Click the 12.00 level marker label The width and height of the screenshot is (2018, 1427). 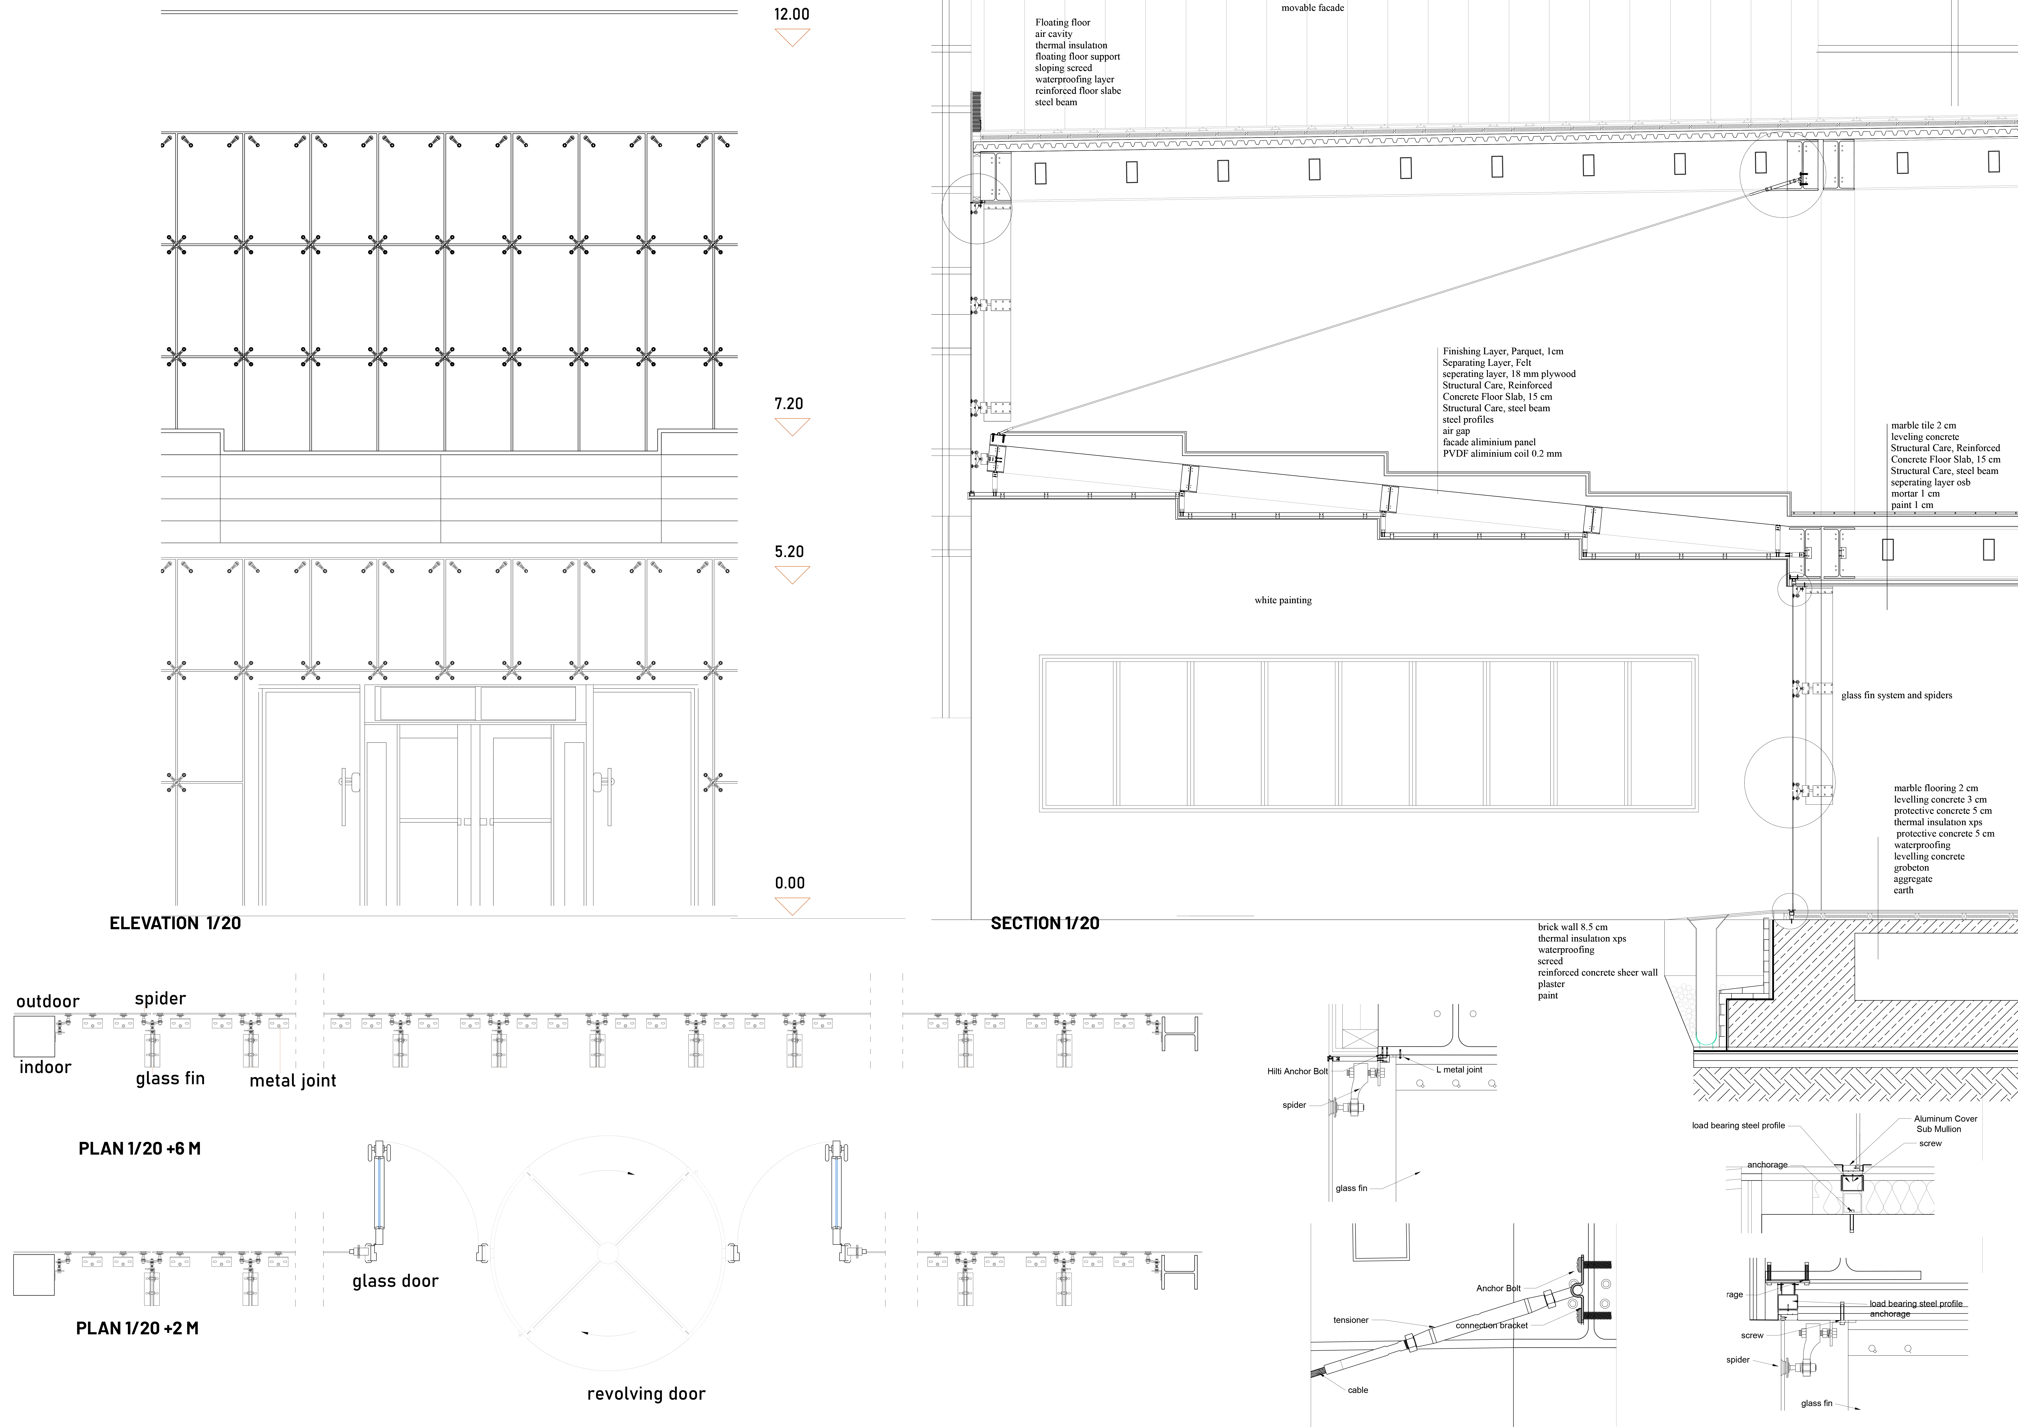(x=791, y=14)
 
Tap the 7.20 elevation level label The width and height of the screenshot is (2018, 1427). (x=788, y=404)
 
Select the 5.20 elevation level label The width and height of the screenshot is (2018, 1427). (x=788, y=552)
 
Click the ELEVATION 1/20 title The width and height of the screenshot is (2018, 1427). (x=175, y=924)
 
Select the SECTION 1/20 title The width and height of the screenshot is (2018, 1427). (x=1045, y=924)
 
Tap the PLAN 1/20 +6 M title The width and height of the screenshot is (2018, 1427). (x=140, y=1148)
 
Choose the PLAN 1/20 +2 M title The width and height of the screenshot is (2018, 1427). (x=137, y=1329)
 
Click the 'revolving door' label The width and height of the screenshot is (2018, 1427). (x=646, y=1394)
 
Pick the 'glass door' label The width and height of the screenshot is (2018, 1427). (x=396, y=1281)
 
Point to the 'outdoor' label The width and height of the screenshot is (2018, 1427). (x=47, y=1002)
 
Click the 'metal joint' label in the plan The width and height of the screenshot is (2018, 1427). (x=293, y=1081)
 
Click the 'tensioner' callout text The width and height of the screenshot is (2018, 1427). (x=1351, y=1320)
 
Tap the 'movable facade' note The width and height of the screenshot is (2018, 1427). (x=1312, y=8)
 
